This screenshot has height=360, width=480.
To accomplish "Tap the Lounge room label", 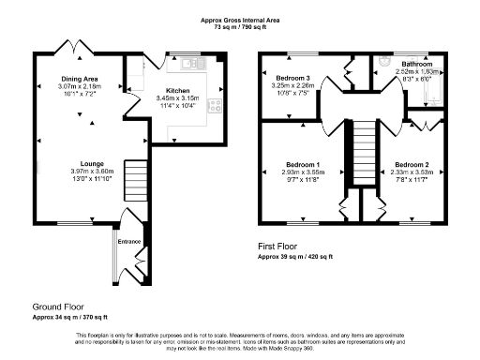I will pyautogui.click(x=91, y=164).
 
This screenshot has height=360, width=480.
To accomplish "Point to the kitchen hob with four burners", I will pyautogui.click(x=215, y=106).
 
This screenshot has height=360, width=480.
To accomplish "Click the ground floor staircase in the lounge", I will pyautogui.click(x=137, y=175).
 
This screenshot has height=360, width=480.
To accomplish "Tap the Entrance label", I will pyautogui.click(x=127, y=242).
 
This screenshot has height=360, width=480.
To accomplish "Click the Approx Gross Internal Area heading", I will pyautogui.click(x=239, y=20).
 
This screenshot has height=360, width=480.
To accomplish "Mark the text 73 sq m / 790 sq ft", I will pyautogui.click(x=239, y=27).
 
